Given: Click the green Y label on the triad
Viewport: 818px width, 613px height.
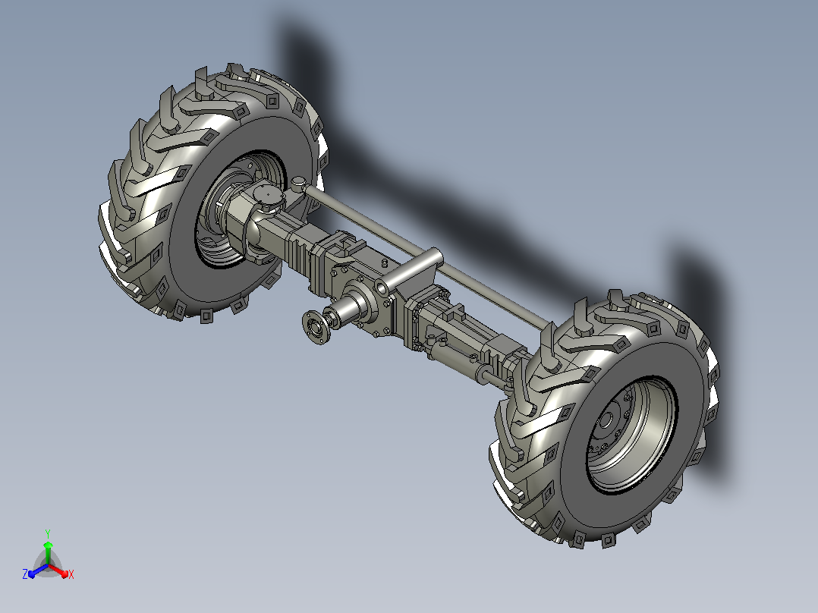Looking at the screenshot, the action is (48, 534).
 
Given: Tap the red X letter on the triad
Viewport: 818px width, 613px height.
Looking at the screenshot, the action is (71, 574).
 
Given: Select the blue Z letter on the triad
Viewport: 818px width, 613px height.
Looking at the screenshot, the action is (25, 574).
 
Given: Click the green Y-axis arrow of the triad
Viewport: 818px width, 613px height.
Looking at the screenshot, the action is (48, 553).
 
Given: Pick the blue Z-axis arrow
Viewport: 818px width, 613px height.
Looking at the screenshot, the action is (38, 571).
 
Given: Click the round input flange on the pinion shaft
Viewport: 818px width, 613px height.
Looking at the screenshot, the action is (316, 327).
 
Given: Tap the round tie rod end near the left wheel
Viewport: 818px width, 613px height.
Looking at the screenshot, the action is (298, 183).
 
